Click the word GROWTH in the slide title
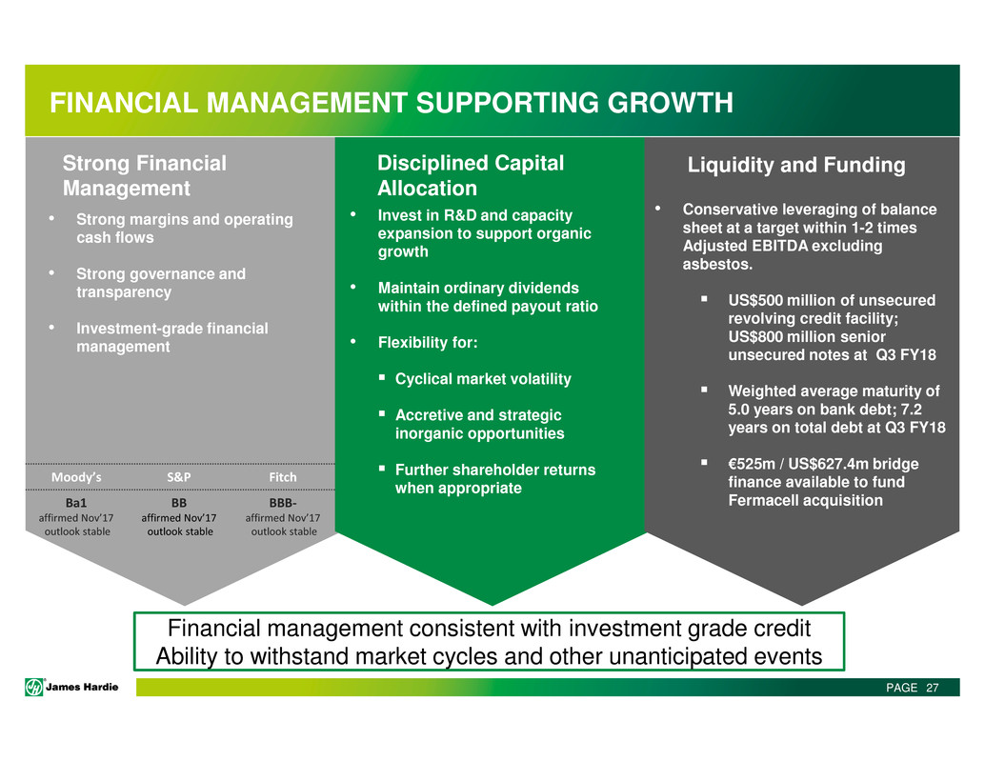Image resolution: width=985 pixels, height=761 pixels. [x=670, y=103]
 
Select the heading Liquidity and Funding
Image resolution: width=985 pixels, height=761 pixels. [x=796, y=165]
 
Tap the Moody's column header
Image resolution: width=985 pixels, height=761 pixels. [x=76, y=477]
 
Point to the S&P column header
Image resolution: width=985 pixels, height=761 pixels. [x=179, y=477]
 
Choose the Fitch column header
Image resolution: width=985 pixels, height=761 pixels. [x=283, y=477]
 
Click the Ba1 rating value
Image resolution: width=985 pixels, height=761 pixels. [x=76, y=503]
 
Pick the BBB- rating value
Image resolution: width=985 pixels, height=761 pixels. [x=283, y=503]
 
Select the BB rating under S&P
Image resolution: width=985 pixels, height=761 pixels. [x=179, y=503]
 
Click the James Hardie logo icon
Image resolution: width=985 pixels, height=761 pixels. [x=34, y=687]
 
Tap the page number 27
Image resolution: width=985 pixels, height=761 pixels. [x=933, y=688]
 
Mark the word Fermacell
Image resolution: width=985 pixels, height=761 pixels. [x=758, y=500]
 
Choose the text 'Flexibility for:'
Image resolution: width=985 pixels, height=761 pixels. [x=428, y=343]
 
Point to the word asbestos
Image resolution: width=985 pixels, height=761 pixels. [x=717, y=265]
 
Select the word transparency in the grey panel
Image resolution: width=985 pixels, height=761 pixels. [x=124, y=292]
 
